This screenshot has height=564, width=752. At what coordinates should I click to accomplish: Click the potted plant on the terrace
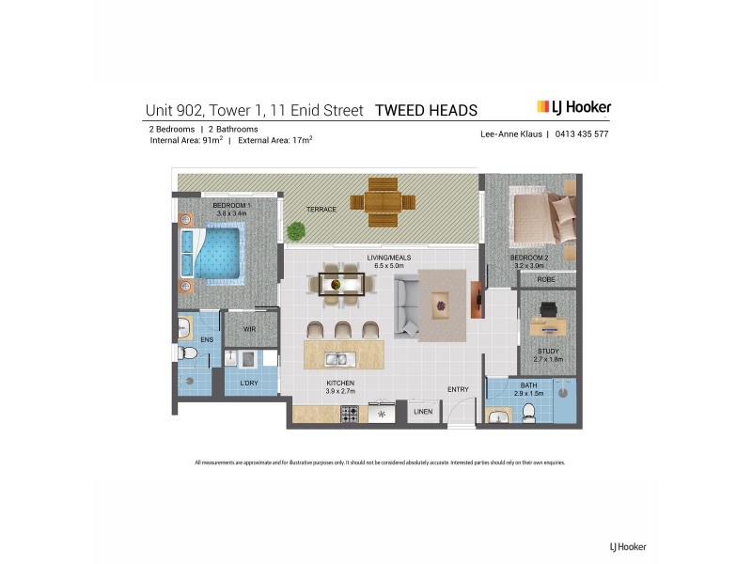297,229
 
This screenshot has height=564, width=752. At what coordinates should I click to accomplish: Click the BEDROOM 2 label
527,257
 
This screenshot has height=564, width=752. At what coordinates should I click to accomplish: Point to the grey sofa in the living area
406,305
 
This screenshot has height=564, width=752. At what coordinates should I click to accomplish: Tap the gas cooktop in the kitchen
351,413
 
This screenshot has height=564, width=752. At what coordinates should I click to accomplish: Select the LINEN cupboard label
422,412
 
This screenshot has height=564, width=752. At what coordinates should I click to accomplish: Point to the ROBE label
545,280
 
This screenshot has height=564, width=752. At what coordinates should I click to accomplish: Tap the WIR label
249,329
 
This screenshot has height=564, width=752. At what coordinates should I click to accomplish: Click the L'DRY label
248,384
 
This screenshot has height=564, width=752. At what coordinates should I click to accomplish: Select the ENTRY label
459,389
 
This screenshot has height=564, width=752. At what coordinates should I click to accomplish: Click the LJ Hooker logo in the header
573,107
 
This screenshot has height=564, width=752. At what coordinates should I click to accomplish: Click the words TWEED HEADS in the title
426,110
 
